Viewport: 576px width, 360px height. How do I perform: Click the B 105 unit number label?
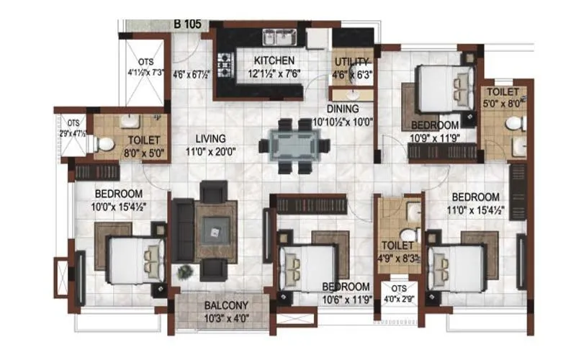pyautogui.click(x=186, y=23)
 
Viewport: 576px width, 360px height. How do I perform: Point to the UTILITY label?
pyautogui.click(x=352, y=61)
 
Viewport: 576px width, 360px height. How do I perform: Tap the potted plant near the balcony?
pyautogui.click(x=186, y=272)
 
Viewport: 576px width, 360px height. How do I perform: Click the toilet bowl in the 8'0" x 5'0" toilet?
pyautogui.click(x=104, y=144)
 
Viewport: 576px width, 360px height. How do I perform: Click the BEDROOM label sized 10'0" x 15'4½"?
pyautogui.click(x=119, y=194)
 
